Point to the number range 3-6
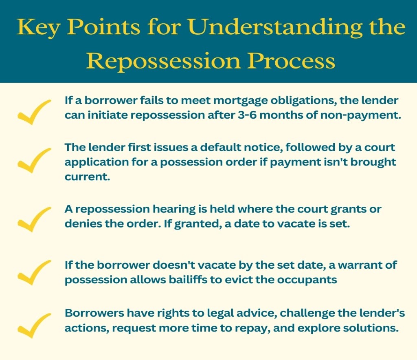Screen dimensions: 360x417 [x=246, y=115]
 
